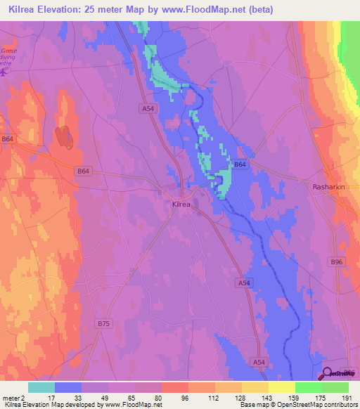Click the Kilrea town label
pyautogui.click(x=182, y=204)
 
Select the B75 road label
pyautogui.click(x=104, y=323)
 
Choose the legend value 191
pyautogui.click(x=346, y=398)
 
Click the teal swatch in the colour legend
pyautogui.click(x=41, y=387)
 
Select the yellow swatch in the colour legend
pyautogui.click(x=281, y=387)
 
